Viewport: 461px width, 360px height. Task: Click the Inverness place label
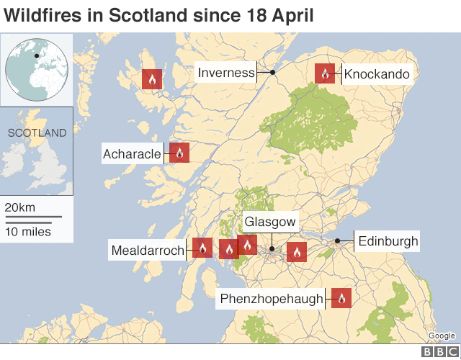tap(226, 73)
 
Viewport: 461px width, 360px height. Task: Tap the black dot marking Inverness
tap(273, 73)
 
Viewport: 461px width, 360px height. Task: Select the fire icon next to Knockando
tap(325, 73)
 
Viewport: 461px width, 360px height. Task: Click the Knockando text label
tap(377, 74)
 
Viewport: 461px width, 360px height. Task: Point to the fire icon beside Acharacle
tap(179, 152)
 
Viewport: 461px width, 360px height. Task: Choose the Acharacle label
tap(133, 153)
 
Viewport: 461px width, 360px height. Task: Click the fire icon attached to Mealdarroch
tap(202, 248)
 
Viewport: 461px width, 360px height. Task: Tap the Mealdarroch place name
tap(147, 250)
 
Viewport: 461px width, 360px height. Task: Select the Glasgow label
tap(270, 222)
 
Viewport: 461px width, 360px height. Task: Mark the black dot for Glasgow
tap(272, 250)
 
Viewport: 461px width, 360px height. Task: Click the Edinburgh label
tap(388, 241)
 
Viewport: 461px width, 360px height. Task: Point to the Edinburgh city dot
tap(337, 242)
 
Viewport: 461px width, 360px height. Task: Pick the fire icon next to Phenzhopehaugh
tap(341, 298)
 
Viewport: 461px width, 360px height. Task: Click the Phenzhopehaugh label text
tap(271, 299)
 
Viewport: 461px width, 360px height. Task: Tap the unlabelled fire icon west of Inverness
tap(152, 79)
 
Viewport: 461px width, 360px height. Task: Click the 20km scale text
tap(20, 207)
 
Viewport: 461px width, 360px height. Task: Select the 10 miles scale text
tap(27, 231)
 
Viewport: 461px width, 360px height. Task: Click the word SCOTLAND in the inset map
tap(37, 132)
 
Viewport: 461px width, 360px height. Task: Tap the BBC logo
tap(439, 351)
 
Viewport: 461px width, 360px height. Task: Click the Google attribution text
tap(441, 336)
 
